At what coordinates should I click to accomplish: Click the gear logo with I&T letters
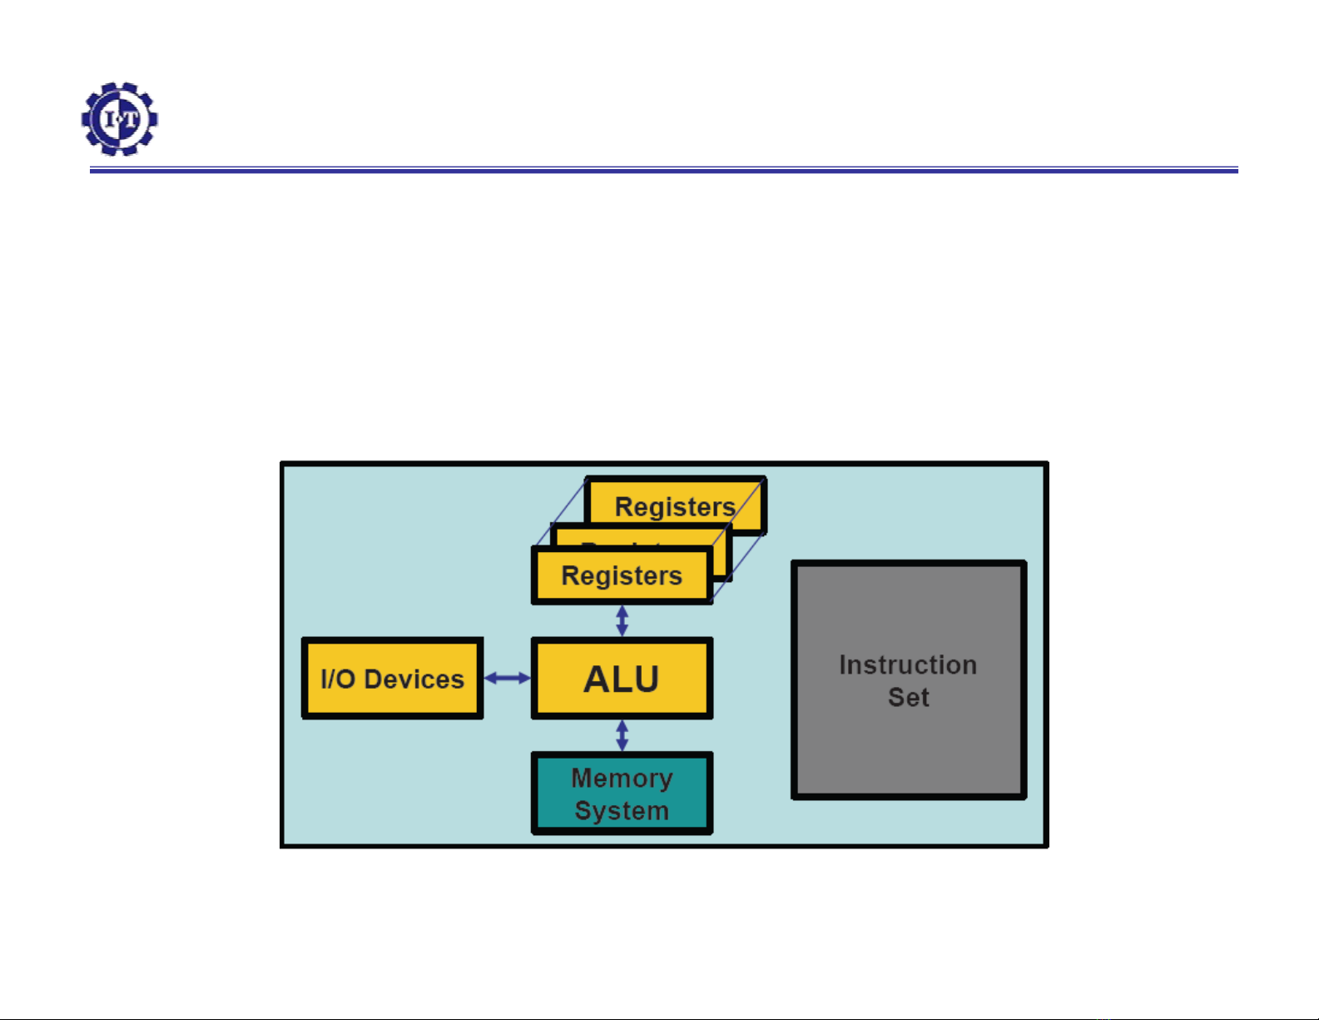[x=119, y=118]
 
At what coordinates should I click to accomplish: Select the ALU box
[x=622, y=679]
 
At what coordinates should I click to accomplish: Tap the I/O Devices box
[x=392, y=679]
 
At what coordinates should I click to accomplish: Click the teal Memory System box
[x=622, y=794]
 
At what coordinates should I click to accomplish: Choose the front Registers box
[x=622, y=575]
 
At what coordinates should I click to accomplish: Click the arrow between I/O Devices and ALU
[x=507, y=679]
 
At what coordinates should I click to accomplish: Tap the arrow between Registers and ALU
[x=622, y=620]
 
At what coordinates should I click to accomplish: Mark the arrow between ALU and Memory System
[x=622, y=735]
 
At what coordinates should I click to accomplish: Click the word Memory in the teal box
[x=622, y=779]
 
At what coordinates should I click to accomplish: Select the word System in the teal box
[x=622, y=811]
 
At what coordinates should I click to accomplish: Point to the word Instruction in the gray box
[x=908, y=664]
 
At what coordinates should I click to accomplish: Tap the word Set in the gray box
[x=908, y=697]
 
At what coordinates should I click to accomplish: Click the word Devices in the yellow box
[x=414, y=679]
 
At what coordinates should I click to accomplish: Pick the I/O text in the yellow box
[x=338, y=679]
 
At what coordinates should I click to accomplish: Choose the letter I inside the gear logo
[x=109, y=119]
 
